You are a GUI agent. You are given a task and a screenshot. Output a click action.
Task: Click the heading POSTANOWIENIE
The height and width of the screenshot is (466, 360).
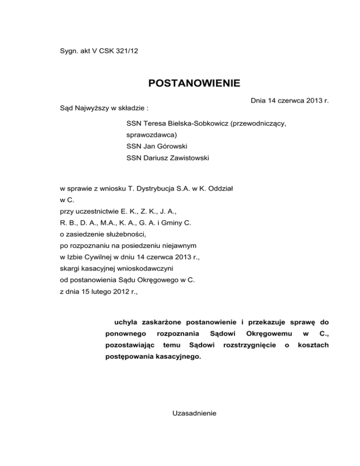click(194, 84)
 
